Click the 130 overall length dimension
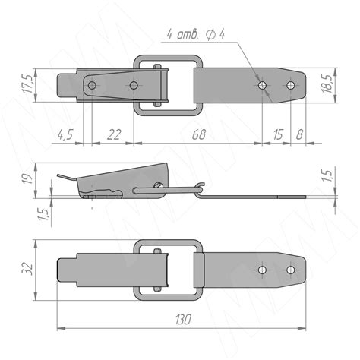point(183,320)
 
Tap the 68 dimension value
point(199,134)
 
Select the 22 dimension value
point(114,134)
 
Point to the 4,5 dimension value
point(65,134)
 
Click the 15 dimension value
point(278,134)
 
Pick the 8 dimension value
point(299,134)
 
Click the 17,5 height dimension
point(27,84)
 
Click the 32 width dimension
point(27,269)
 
